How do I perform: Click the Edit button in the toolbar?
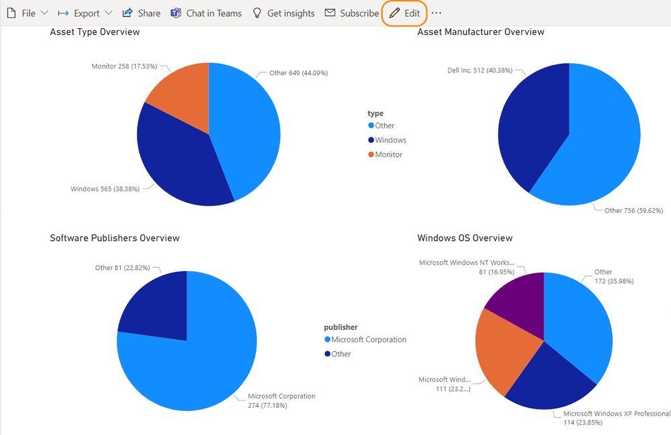coord(405,13)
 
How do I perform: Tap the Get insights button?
coord(283,13)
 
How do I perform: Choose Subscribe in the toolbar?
coord(351,13)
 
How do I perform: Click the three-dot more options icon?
coord(437,13)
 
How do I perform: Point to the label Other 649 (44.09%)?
coord(298,73)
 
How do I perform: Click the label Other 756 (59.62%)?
coord(633,211)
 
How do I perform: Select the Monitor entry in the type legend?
coord(388,154)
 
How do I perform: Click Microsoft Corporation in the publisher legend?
coord(368,340)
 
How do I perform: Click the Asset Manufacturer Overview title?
coord(480,32)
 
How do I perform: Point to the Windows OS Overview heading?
coord(465,238)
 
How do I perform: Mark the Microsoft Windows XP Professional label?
coord(617,414)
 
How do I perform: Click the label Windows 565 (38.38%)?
coord(105,189)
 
